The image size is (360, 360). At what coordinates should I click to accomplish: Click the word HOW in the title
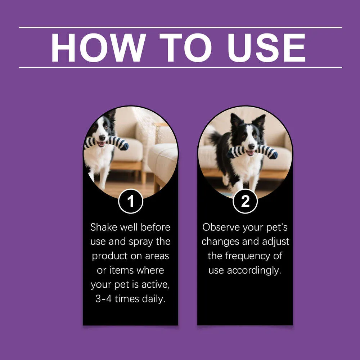(99, 48)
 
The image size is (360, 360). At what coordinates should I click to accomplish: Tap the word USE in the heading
(266, 48)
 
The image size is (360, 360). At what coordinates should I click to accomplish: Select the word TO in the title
(185, 48)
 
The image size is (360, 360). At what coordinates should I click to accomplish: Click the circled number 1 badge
(131, 201)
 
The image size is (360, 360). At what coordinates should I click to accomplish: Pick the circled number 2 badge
(245, 201)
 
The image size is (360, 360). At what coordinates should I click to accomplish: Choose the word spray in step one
(141, 242)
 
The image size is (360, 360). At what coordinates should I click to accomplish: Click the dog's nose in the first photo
(102, 138)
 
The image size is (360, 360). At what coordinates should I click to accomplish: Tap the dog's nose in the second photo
(251, 146)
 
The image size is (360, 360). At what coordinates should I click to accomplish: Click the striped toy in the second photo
(252, 152)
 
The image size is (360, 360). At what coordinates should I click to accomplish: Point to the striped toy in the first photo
(106, 143)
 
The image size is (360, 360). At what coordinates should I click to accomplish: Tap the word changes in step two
(220, 242)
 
